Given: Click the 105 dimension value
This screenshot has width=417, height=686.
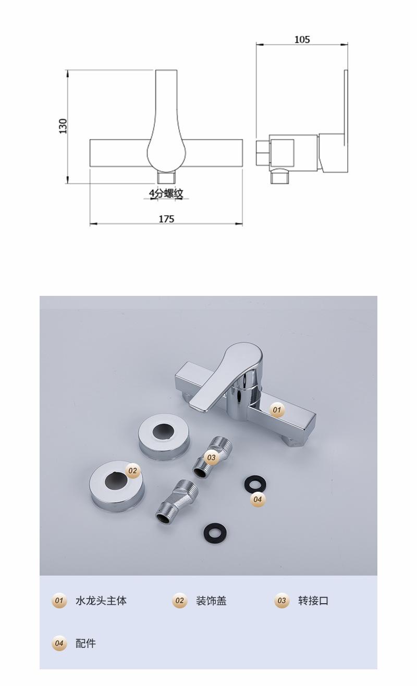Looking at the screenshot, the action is coord(302,40).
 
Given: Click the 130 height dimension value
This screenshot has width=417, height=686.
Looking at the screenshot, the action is coord(63,126).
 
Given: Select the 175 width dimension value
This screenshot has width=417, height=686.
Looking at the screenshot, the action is coord(166,219).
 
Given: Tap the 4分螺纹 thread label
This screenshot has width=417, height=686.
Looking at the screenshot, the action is coord(166,193).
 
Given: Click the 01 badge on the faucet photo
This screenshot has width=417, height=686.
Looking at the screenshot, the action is coord(277,410).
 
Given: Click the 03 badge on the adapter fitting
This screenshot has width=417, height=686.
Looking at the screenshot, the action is coord(212,457).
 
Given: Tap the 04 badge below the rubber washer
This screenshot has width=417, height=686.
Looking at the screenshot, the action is coord(257,499).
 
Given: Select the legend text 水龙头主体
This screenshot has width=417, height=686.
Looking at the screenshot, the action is coord(101,601).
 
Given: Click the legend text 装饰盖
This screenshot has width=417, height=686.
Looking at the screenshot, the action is coord(212,601).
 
